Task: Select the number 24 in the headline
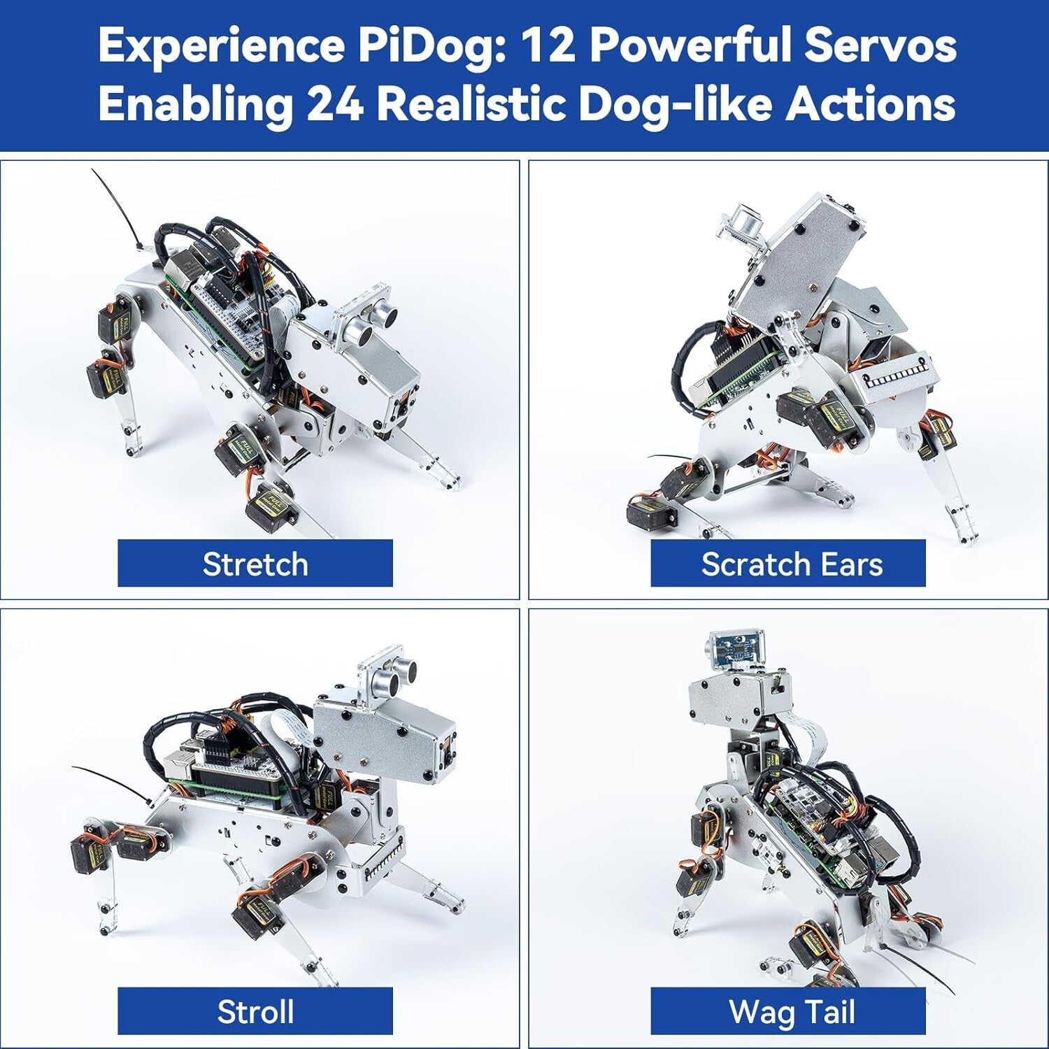point(335,104)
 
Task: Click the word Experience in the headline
point(221,45)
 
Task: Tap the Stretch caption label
point(255,564)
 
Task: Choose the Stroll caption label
point(255,1011)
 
